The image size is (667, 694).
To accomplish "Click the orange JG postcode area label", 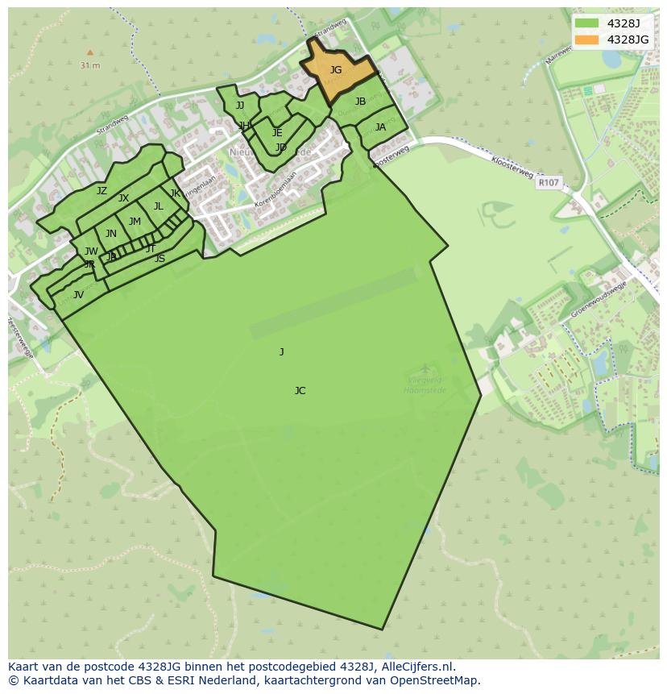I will (x=336, y=70).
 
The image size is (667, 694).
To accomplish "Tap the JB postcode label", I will (x=360, y=102).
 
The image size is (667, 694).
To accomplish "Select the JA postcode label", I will (x=380, y=127).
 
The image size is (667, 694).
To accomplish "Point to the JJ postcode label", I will (x=240, y=106).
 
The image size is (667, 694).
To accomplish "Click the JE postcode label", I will (x=277, y=133).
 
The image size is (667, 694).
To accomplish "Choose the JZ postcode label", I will (x=101, y=191).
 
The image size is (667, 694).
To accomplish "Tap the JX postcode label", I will (x=123, y=198).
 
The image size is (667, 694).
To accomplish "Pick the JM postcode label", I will (x=135, y=222).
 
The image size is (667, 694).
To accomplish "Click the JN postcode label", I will (x=111, y=234).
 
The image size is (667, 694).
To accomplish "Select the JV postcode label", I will (x=78, y=295).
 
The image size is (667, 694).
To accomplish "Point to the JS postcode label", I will (x=159, y=259).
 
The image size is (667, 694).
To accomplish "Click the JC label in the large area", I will (x=300, y=391).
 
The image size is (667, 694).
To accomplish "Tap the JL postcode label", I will (x=159, y=206).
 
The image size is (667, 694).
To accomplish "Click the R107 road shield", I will (x=548, y=183).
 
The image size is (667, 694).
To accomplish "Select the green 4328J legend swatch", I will (x=587, y=23).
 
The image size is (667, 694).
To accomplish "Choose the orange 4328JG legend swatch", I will (x=587, y=39).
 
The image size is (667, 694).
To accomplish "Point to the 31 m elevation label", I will (x=90, y=65).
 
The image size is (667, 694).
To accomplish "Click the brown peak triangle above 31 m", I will (x=90, y=52).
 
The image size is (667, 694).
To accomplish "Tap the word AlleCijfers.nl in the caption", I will (x=418, y=667).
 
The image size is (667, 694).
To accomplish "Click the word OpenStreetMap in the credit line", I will (x=434, y=680).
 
